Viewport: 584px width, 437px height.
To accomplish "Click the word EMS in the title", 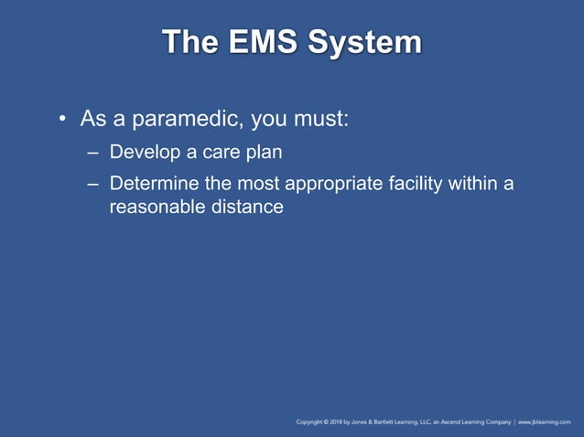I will pyautogui.click(x=257, y=42).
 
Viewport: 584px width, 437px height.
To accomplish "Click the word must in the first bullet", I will pyautogui.click(x=317, y=120).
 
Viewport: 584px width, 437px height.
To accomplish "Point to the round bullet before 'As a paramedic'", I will pyautogui.click(x=61, y=120).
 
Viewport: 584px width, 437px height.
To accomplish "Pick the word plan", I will pyautogui.click(x=262, y=153).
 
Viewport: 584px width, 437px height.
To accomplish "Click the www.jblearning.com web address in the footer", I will pyautogui.click(x=548, y=422).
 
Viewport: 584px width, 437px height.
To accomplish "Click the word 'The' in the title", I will pyautogui.click(x=189, y=42).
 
